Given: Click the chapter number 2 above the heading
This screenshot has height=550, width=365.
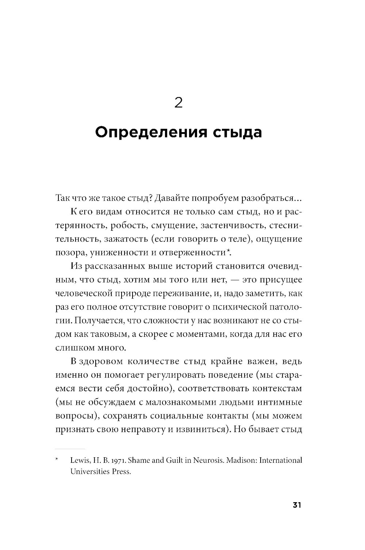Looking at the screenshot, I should coord(178,103).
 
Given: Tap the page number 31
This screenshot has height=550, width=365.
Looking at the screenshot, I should coord(296,505).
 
